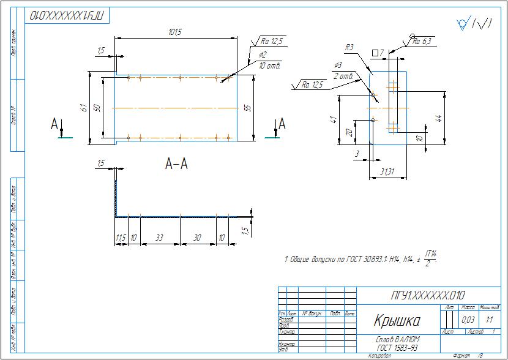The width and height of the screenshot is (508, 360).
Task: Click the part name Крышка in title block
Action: coord(397,320)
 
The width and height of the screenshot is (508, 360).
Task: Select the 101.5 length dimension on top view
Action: coord(175,31)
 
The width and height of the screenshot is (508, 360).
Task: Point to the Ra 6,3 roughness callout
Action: coord(422,42)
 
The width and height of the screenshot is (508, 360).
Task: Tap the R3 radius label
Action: coord(349,47)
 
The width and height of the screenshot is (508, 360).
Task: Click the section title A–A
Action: coord(176,163)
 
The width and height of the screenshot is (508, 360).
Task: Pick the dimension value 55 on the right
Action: coord(247,107)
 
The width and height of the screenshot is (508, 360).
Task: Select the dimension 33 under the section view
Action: coord(159,238)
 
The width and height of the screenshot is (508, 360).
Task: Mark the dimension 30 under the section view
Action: coord(198,238)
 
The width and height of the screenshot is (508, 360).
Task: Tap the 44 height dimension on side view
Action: coord(438,118)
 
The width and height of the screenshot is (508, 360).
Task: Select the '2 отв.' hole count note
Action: coord(343,76)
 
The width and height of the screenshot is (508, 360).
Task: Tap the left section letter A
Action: coord(54,125)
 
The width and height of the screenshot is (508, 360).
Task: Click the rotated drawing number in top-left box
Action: coord(67,15)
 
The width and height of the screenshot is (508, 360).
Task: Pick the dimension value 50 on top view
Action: coord(97,108)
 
